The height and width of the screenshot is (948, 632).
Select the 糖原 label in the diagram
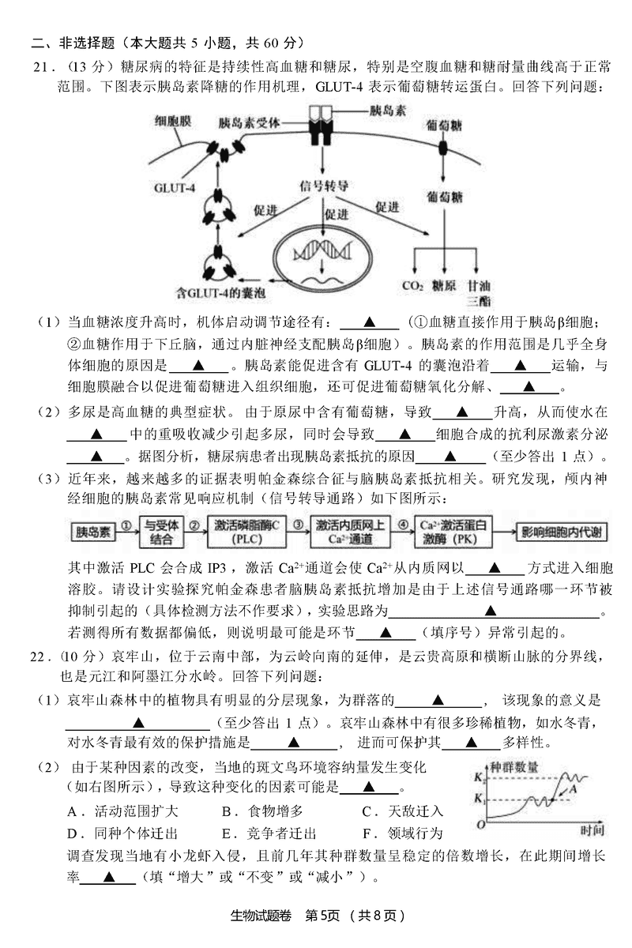(x=445, y=286)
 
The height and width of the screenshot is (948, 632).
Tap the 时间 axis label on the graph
(x=590, y=829)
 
